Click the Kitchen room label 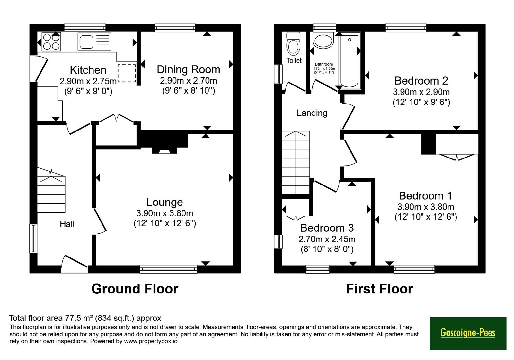click(x=88, y=70)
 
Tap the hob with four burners click(x=51, y=41)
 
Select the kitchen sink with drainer click(x=94, y=41)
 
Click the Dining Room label click(x=188, y=69)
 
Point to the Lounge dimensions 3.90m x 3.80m click(x=164, y=213)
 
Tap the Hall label click(x=67, y=224)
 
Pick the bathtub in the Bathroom click(x=349, y=61)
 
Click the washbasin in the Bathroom click(x=323, y=40)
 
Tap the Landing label click(x=312, y=113)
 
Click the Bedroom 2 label click(x=421, y=81)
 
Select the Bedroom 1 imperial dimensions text click(x=426, y=217)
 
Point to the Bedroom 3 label click(x=327, y=228)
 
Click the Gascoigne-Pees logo click(x=468, y=333)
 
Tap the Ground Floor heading click(x=135, y=289)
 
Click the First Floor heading click(x=379, y=289)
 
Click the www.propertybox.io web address click(x=151, y=341)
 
